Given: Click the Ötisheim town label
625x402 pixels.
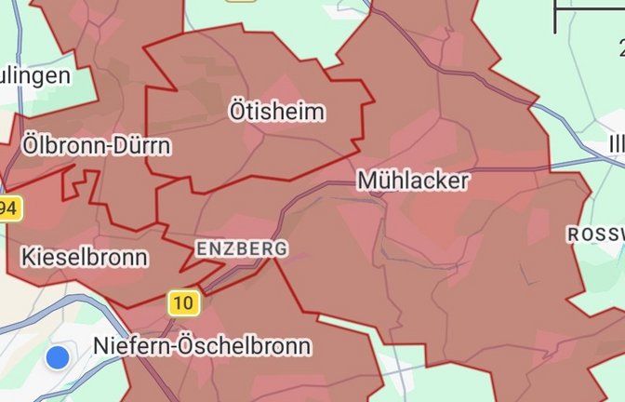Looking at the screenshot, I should click(277, 113).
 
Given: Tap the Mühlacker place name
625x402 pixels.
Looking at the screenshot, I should click(412, 180).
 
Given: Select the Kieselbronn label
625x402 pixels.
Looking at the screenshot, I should click(84, 257).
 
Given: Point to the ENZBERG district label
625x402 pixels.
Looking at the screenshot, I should click(241, 248).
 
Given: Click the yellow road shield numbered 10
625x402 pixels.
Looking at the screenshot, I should click(184, 302).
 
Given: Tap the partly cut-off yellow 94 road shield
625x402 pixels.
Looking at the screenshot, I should click(8, 208).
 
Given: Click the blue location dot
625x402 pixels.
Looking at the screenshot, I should click(59, 356).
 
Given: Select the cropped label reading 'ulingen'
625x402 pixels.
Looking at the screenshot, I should click(35, 74).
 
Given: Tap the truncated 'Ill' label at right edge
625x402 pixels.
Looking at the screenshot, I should click(616, 145).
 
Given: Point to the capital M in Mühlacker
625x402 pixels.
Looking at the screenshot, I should click(367, 180).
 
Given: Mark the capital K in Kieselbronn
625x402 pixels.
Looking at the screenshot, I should click(27, 257).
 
